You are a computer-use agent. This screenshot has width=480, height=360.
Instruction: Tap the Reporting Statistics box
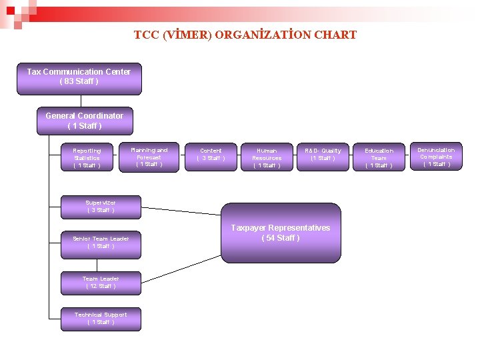pyautogui.click(x=87, y=158)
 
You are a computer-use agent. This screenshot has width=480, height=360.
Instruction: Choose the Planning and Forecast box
pyautogui.click(x=149, y=157)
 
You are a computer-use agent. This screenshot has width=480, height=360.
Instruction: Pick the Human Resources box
pyautogui.click(x=267, y=158)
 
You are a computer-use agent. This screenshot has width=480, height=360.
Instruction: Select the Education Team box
pyautogui.click(x=379, y=158)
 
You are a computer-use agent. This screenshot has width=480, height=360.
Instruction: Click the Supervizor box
pyautogui.click(x=101, y=207)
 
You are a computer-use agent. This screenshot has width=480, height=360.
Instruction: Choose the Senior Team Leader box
pyautogui.click(x=101, y=243)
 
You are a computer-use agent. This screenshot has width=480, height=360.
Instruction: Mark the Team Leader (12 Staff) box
pyautogui.click(x=101, y=283)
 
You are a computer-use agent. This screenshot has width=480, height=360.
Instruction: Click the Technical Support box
pyautogui.click(x=101, y=319)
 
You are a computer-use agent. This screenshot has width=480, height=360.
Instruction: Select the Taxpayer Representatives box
pyautogui.click(x=281, y=233)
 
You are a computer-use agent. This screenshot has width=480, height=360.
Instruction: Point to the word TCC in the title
pyautogui.click(x=146, y=35)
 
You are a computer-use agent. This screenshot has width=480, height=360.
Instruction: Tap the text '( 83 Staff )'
pyautogui.click(x=79, y=81)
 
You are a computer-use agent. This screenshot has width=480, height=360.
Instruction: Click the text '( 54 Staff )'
pyautogui.click(x=281, y=238)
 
